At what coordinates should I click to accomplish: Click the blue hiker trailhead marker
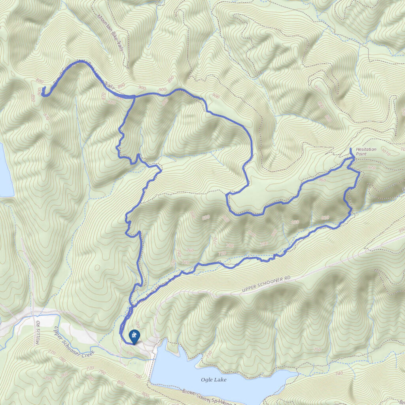[134, 337]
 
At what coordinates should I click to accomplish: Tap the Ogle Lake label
[214, 380]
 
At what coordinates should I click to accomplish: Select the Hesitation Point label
[366, 151]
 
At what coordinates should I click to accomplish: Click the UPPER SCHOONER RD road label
[267, 285]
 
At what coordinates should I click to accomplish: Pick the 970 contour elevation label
[371, 168]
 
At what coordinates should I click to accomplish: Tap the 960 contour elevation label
[321, 180]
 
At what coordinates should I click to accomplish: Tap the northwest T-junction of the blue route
[134, 96]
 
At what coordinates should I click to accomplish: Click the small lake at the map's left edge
[6, 174]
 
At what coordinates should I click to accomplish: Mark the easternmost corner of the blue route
[359, 173]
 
